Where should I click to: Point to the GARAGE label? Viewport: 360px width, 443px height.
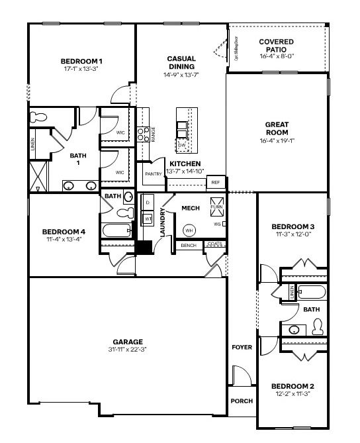(128, 342)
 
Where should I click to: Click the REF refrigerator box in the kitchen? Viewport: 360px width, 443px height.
(215, 182)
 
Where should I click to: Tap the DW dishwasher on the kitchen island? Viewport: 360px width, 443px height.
(182, 144)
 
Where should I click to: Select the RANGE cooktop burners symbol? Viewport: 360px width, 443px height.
(142, 135)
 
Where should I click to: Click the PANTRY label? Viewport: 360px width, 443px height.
(154, 174)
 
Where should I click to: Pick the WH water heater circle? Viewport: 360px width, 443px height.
(189, 230)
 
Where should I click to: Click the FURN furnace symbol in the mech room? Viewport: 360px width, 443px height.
(216, 204)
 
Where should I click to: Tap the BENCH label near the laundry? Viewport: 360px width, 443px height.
(188, 246)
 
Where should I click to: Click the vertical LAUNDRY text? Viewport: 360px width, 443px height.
(162, 222)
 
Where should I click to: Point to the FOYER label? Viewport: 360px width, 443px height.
(241, 347)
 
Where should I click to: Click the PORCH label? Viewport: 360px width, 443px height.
(241, 401)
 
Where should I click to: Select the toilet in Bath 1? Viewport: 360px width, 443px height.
(40, 117)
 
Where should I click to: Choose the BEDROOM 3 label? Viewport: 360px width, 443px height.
(292, 226)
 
